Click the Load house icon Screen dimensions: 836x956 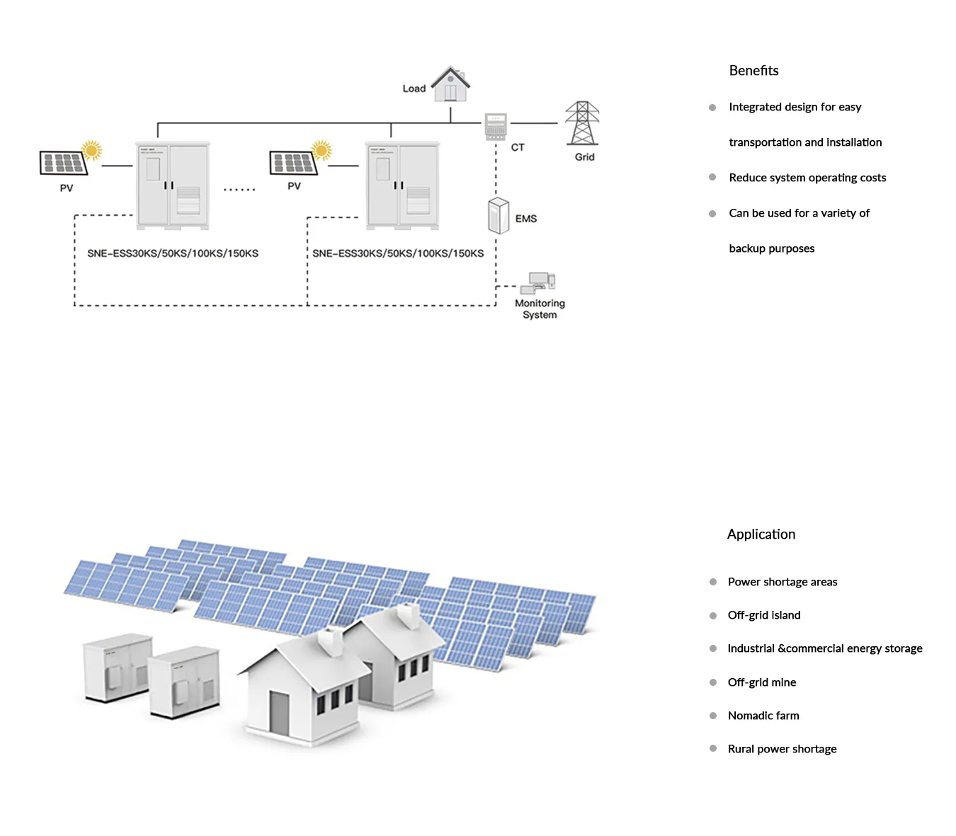pos(450,85)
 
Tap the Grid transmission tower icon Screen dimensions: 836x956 pos(582,123)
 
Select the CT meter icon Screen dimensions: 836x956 pos(496,127)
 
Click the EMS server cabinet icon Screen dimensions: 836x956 pos(499,216)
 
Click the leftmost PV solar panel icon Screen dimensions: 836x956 pos(64,164)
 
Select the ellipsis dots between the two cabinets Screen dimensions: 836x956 pos(239,190)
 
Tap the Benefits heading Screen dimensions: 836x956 pos(753,71)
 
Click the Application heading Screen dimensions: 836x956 pos(761,534)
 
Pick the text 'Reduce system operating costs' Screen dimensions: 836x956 pos(807,178)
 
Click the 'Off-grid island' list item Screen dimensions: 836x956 pos(764,615)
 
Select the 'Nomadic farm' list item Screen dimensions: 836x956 pos(763,716)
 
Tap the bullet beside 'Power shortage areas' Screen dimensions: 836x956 pos(713,582)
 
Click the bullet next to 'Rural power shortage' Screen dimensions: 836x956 pos(713,748)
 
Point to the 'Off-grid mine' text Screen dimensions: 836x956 pos(762,682)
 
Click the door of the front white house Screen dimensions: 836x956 pos(279,713)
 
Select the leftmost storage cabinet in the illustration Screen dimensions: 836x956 pos(117,668)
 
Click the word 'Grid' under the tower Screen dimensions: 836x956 pos(584,157)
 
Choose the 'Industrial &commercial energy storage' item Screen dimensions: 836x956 pos(825,648)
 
